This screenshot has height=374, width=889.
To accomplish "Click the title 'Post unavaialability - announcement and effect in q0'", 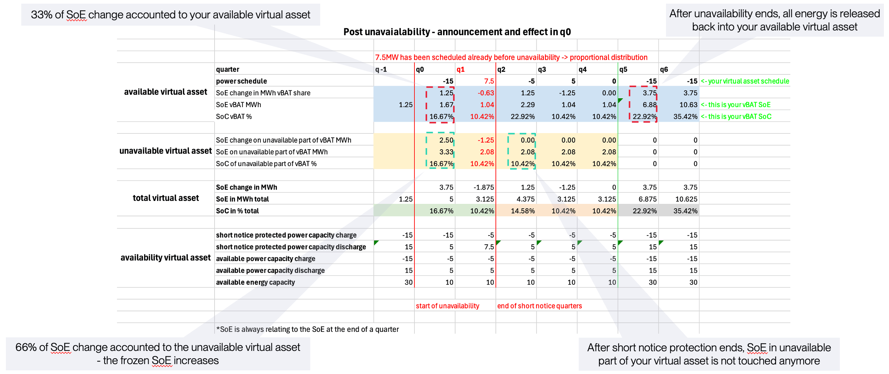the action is click(x=457, y=32).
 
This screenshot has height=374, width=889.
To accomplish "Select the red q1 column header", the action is click(x=461, y=69).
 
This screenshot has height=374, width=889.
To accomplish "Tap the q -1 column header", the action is click(x=381, y=69).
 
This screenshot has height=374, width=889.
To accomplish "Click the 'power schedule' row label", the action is click(x=241, y=81).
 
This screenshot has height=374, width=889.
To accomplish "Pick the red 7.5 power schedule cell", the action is click(x=489, y=81).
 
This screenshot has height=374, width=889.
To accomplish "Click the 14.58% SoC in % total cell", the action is click(x=523, y=211).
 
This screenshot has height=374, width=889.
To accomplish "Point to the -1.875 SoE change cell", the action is click(x=484, y=187).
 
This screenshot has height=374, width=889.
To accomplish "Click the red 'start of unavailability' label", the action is click(x=447, y=306).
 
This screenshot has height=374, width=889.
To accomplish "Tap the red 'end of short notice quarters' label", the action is click(x=539, y=306).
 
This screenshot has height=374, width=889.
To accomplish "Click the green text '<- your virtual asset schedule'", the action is click(x=745, y=81).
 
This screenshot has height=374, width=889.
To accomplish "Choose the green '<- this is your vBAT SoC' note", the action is click(x=736, y=116).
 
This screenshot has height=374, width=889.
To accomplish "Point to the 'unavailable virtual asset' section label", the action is click(x=165, y=151).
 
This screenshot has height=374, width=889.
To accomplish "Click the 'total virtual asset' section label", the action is click(x=166, y=198).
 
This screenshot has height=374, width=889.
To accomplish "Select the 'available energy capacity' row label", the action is click(x=255, y=282).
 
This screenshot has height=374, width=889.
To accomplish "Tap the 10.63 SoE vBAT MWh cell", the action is click(x=688, y=104).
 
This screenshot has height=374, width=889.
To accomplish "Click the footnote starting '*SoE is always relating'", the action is click(x=307, y=329).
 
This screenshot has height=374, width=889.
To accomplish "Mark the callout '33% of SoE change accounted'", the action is click(x=171, y=15).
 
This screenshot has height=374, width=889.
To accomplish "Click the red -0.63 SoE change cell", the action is click(x=486, y=93).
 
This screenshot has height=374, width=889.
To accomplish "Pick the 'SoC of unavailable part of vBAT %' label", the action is click(x=266, y=164).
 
